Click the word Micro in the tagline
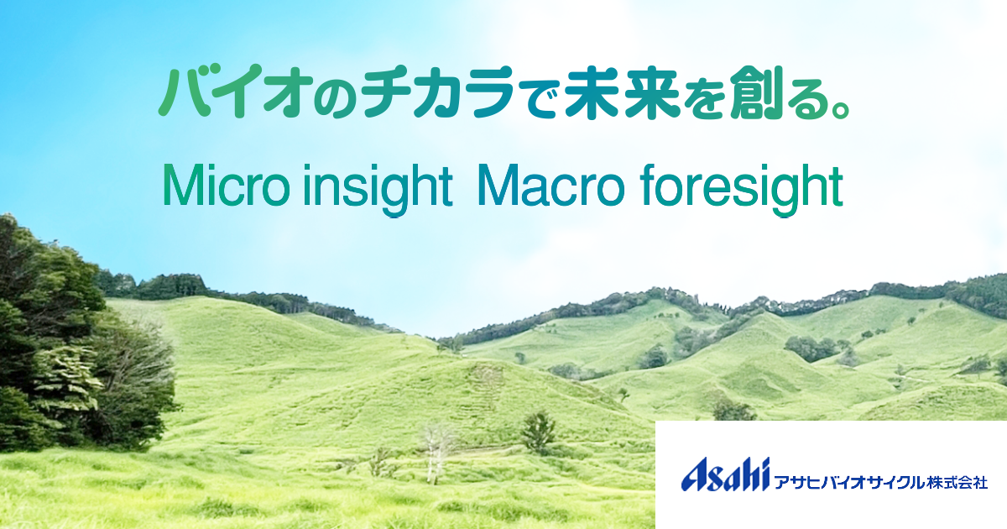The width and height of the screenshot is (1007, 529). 226,186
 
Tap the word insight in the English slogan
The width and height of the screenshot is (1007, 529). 378,189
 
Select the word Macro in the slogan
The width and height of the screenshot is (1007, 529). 550,186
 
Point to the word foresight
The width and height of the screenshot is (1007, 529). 742,189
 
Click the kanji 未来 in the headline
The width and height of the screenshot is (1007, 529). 622,92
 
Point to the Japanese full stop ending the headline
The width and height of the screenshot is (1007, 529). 840,109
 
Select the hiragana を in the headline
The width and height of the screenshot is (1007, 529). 703,94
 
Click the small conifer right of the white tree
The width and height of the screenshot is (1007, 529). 538,432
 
